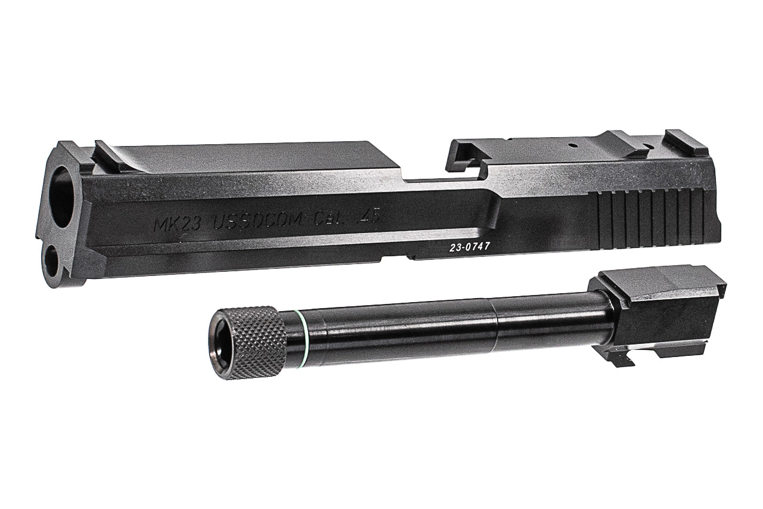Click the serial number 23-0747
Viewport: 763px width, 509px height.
(x=469, y=246)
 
